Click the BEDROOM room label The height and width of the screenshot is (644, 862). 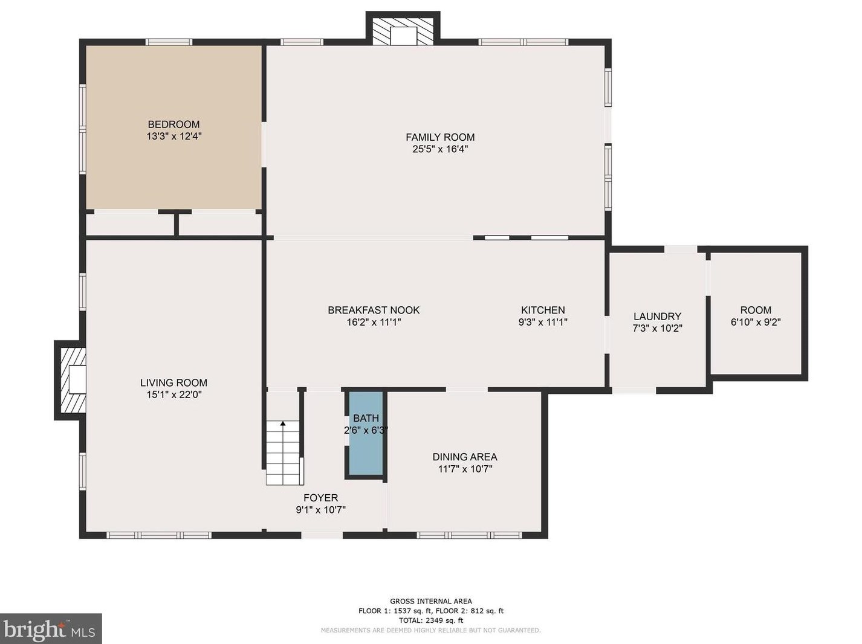tap(173, 124)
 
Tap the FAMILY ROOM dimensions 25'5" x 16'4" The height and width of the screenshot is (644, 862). tap(440, 149)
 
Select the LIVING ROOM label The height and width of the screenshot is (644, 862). tap(173, 382)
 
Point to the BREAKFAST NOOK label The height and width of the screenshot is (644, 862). tap(374, 310)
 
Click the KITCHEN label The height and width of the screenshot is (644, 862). tap(543, 310)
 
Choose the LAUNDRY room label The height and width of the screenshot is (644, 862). tap(657, 316)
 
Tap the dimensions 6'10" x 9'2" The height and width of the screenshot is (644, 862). tap(756, 322)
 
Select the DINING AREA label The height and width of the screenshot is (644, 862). tap(465, 457)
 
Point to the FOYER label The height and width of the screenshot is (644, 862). tap(320, 498)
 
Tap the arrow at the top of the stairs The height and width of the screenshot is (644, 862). tap(283, 424)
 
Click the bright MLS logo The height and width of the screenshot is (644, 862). tap(51, 630)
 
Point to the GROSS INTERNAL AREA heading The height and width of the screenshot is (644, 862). tap(431, 601)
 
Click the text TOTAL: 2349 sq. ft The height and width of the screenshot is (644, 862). tap(431, 620)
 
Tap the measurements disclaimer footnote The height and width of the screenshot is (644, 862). tap(431, 630)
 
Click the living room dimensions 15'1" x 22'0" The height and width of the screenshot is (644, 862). tap(173, 394)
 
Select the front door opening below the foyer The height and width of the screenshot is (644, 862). tap(322, 535)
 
